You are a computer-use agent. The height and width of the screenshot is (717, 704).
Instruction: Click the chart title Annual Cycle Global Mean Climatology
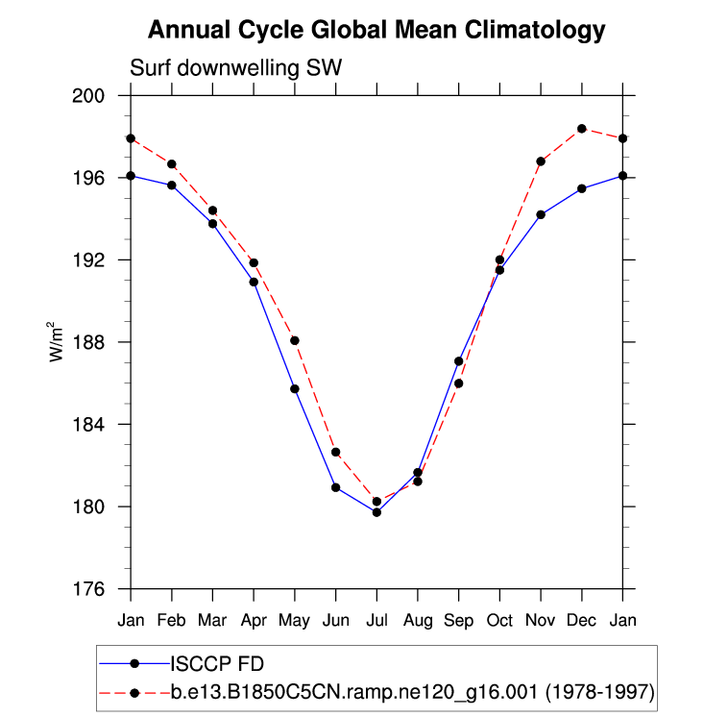pyautogui.click(x=376, y=31)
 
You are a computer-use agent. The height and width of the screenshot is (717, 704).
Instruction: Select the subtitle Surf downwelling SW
pyautogui.click(x=235, y=68)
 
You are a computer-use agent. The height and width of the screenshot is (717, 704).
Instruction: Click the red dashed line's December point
pyautogui.click(x=582, y=129)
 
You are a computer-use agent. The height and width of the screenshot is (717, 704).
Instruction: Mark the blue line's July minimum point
pyautogui.click(x=376, y=512)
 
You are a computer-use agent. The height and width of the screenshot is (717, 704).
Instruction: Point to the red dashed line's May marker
pyautogui.click(x=295, y=340)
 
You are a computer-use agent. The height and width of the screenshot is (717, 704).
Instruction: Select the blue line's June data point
pyautogui.click(x=336, y=487)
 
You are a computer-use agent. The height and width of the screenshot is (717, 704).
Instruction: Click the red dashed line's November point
pyautogui.click(x=541, y=161)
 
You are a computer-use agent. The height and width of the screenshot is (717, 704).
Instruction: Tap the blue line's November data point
pyautogui.click(x=541, y=214)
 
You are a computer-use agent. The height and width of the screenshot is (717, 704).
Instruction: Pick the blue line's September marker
pyautogui.click(x=459, y=361)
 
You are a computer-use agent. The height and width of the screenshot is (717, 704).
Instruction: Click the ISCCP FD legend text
pyautogui.click(x=217, y=662)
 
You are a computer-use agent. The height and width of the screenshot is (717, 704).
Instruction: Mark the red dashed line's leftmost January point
pyautogui.click(x=131, y=138)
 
